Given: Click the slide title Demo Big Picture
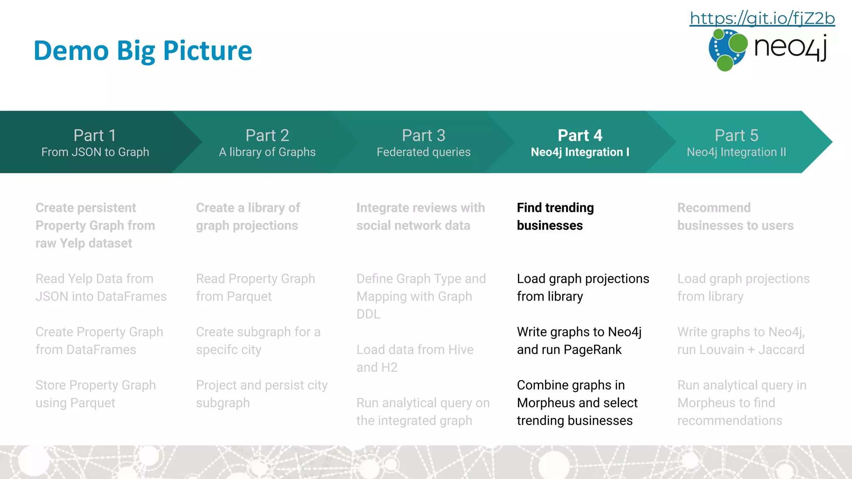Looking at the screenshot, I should pyautogui.click(x=143, y=51).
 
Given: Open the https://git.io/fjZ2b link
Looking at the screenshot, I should pyautogui.click(x=762, y=18).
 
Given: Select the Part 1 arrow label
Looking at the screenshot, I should pyautogui.click(x=95, y=136).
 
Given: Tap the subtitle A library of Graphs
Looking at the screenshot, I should pyautogui.click(x=267, y=152).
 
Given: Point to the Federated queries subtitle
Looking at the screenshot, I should pyautogui.click(x=424, y=152).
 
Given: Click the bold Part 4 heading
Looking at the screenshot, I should pyautogui.click(x=580, y=136).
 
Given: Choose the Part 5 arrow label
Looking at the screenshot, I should pyautogui.click(x=736, y=136).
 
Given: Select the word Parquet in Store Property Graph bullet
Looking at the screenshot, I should pyautogui.click(x=92, y=403).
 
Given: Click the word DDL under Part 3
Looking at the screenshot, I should pyautogui.click(x=368, y=314).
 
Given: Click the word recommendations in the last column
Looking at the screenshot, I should pyautogui.click(x=730, y=421).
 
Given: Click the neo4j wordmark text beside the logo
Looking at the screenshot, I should pyautogui.click(x=790, y=48).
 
